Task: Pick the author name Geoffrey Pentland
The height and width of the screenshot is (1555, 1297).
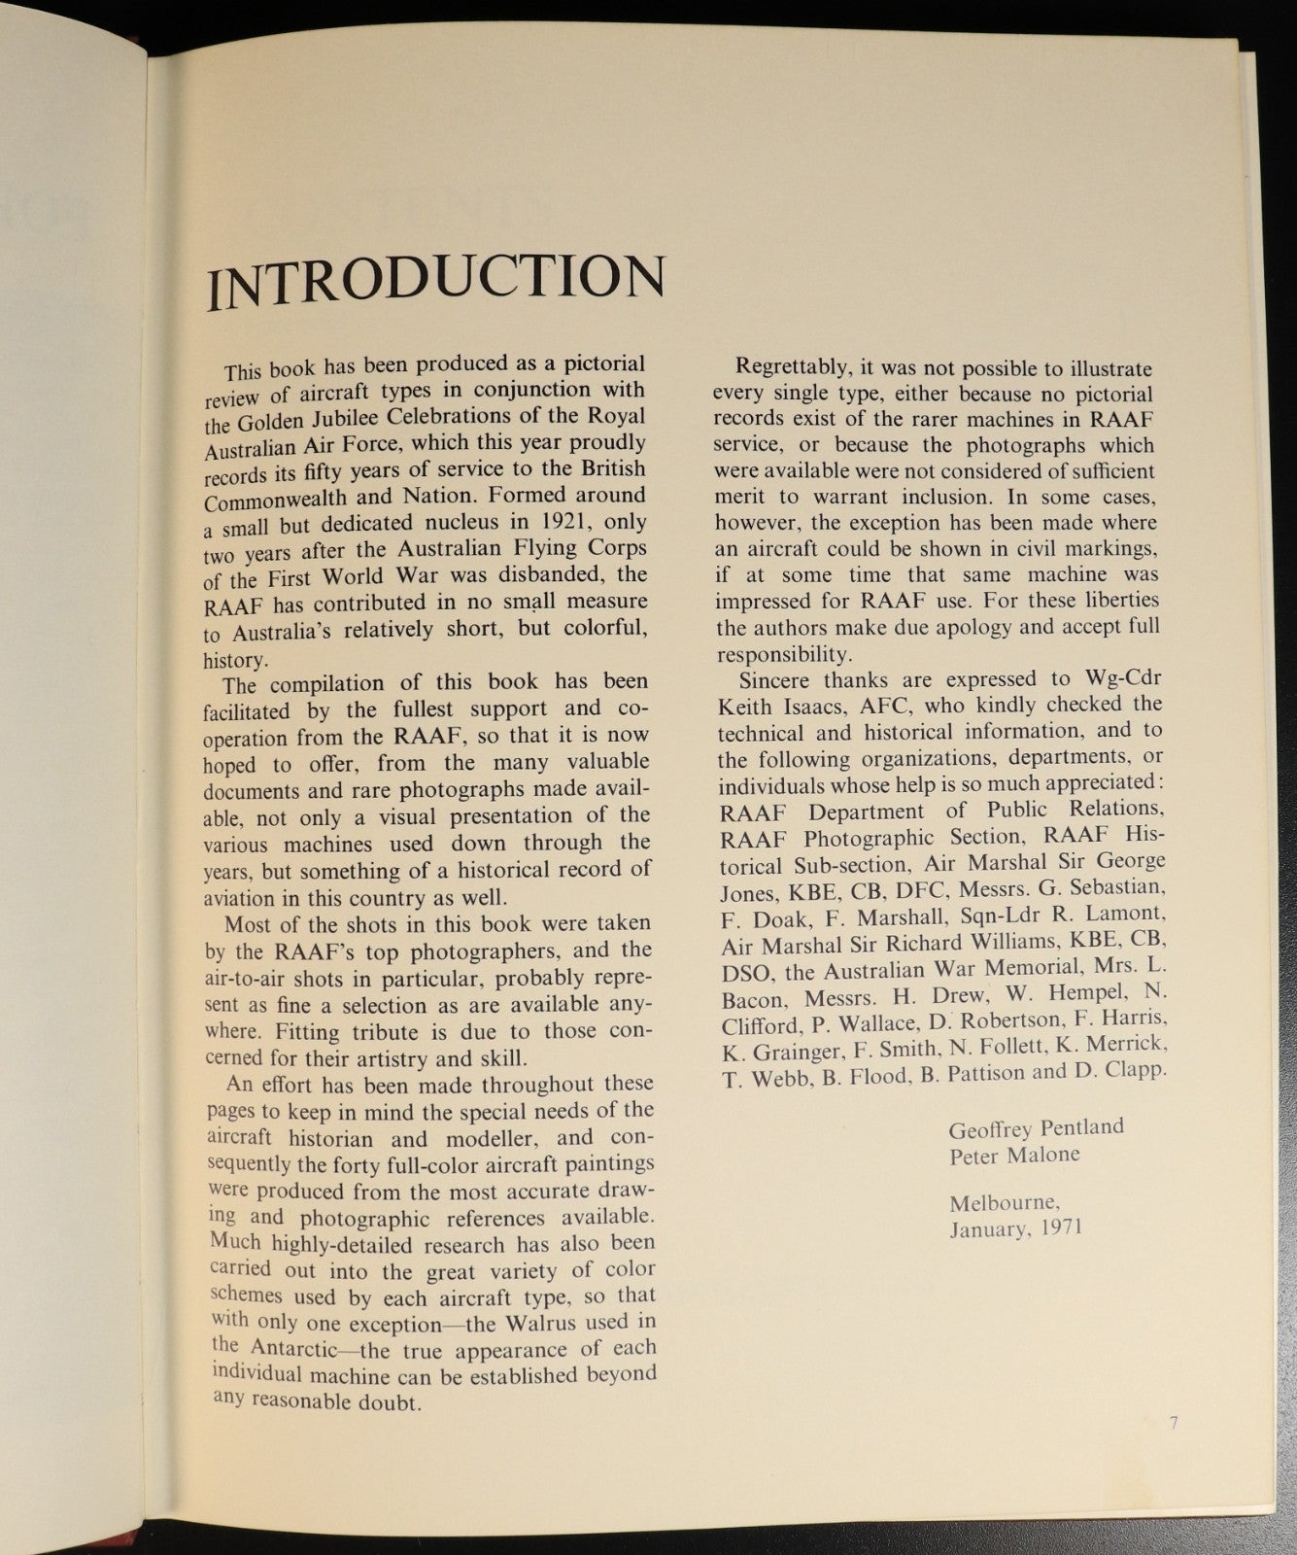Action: point(1036,1128)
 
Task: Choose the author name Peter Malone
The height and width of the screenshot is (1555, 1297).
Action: point(1014,1155)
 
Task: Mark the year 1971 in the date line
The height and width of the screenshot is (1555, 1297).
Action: point(1060,1227)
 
